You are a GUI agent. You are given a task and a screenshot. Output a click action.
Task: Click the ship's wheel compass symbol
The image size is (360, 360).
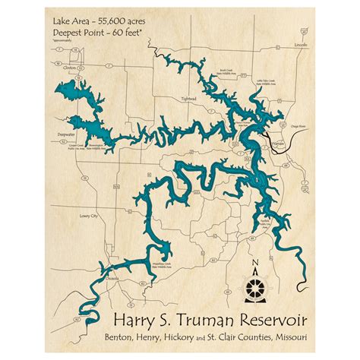[256, 289]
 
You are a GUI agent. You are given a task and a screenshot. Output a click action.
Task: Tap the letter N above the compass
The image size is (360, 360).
[256, 265]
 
